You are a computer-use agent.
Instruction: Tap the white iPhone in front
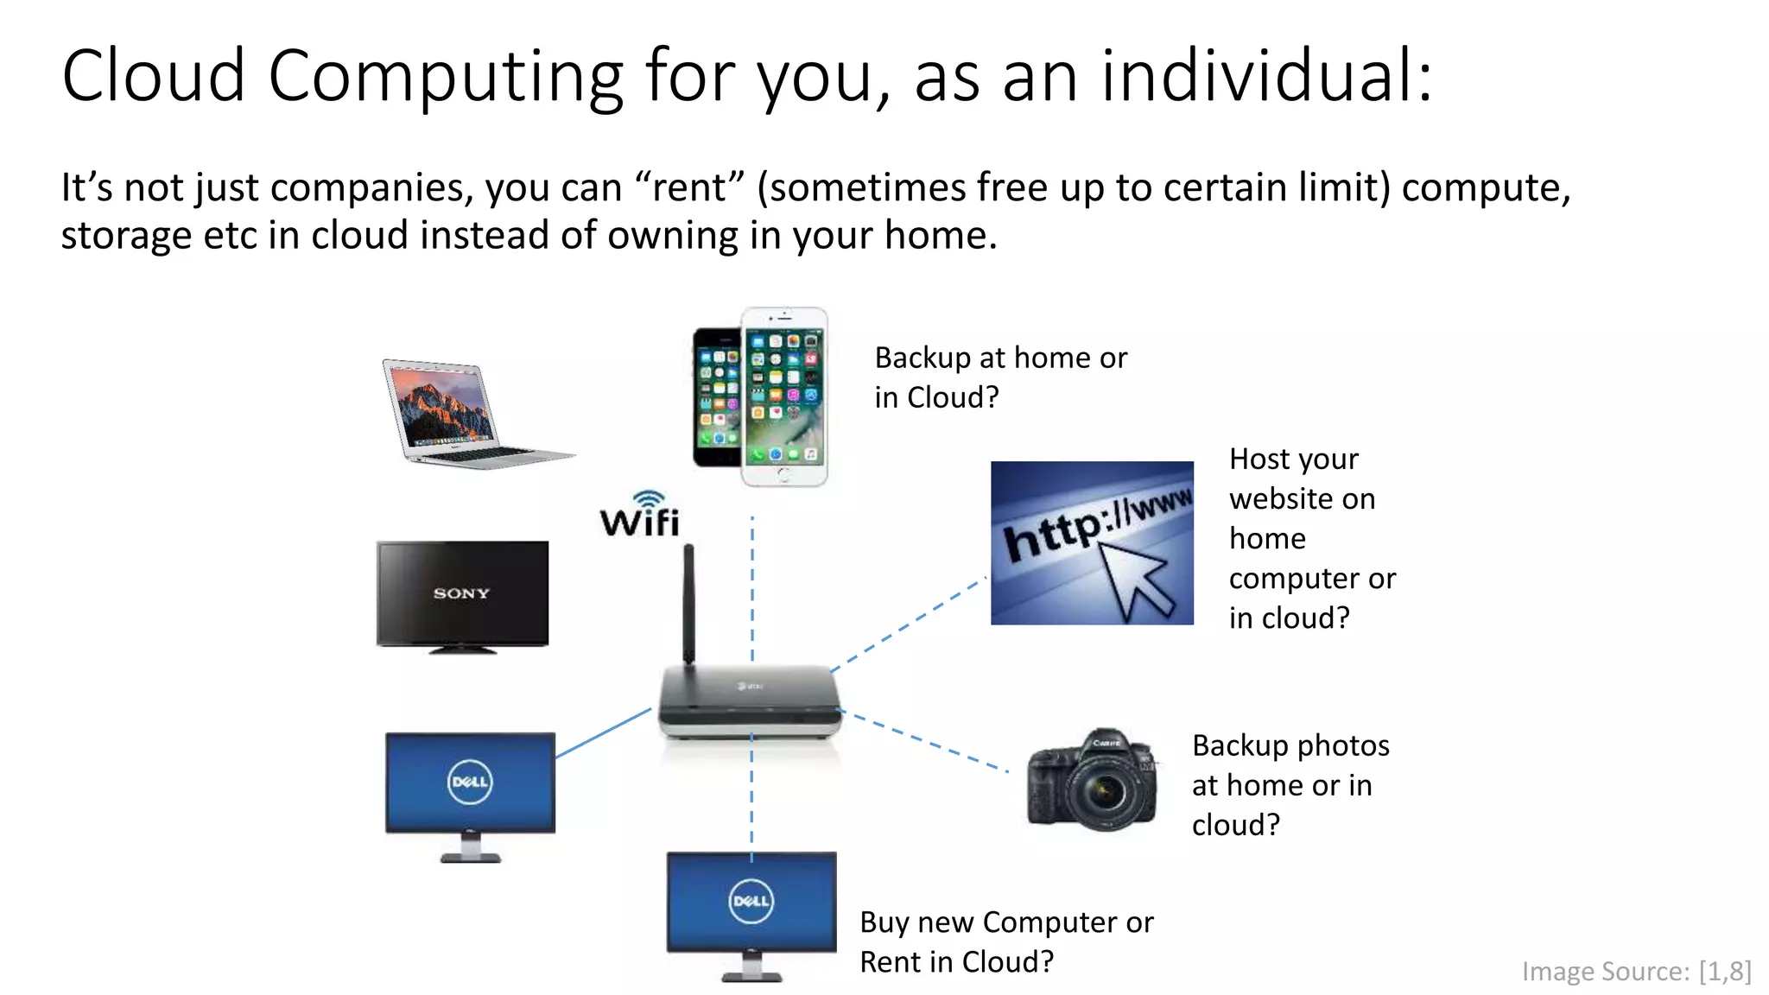click(784, 397)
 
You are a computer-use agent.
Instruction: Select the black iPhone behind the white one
click(715, 397)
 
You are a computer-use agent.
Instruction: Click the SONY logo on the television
click(461, 593)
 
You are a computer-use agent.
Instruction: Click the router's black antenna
click(688, 605)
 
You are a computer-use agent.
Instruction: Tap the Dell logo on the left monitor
click(470, 783)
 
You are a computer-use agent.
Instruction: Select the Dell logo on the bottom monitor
click(751, 901)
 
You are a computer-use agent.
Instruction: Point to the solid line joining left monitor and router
click(603, 733)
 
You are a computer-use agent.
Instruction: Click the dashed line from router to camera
click(924, 740)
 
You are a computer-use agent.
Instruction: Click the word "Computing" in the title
click(446, 78)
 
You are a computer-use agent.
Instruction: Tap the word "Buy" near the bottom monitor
click(884, 922)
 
